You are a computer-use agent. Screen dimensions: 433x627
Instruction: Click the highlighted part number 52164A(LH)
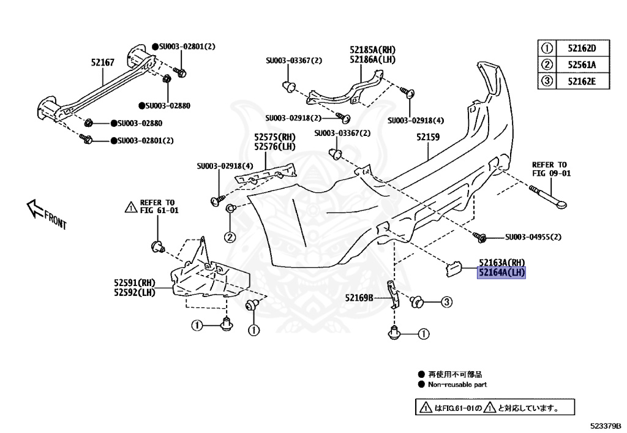tap(501, 273)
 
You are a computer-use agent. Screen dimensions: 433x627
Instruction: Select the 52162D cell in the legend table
tap(581, 48)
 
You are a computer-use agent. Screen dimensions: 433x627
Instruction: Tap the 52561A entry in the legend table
tap(581, 65)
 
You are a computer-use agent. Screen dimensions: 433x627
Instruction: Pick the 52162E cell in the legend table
tap(581, 81)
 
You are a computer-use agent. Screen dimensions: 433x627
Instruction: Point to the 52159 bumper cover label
tap(428, 138)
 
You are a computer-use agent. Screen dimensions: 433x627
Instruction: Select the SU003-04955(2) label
tap(533, 237)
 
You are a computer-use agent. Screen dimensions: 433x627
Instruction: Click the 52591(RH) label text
tap(134, 283)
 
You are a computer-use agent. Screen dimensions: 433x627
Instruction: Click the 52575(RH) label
tap(274, 137)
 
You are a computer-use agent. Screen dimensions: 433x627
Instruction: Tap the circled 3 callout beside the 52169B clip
tap(446, 301)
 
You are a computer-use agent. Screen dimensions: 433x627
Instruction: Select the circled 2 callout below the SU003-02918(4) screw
tap(230, 237)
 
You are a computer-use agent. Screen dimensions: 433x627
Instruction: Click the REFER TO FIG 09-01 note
tap(550, 169)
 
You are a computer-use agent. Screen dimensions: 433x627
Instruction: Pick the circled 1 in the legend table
tap(546, 48)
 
